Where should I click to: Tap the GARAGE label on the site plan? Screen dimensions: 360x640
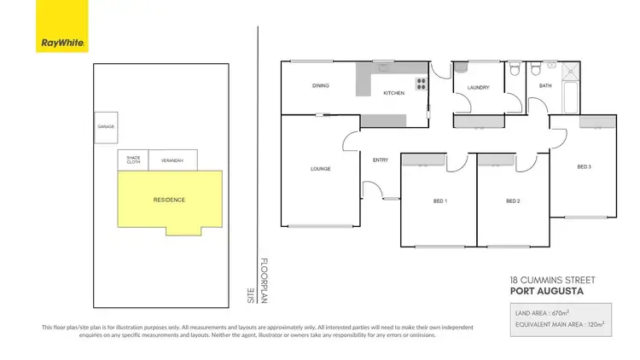[x=106, y=126]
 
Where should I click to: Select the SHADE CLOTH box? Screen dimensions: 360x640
[x=133, y=160]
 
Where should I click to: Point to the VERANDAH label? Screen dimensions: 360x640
[x=173, y=160]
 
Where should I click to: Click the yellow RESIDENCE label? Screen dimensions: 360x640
[x=169, y=200]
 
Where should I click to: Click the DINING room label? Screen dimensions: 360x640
[x=321, y=86]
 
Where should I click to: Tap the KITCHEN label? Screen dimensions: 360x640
[x=393, y=92]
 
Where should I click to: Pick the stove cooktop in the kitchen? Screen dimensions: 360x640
[x=421, y=84]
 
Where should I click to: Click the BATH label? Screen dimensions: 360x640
[x=544, y=85]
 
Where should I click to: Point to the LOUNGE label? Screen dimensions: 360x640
[x=321, y=169]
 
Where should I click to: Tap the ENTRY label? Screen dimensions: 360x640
[x=381, y=160]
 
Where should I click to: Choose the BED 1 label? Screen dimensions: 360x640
[x=440, y=201]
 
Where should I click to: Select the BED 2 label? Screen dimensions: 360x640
[x=513, y=201]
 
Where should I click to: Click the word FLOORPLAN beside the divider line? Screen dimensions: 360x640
[x=264, y=282]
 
